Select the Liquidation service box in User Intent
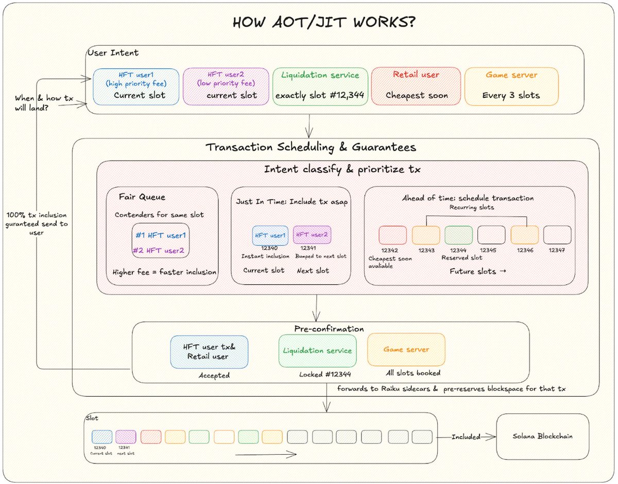[x=320, y=86]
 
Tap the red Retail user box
[x=416, y=86]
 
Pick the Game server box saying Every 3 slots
[x=511, y=86]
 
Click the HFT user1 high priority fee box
[x=136, y=86]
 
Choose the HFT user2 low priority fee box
[x=225, y=86]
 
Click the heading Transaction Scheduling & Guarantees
[x=311, y=148]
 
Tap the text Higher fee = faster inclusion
[x=165, y=272]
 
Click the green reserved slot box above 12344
[x=458, y=235]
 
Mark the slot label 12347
[x=557, y=250]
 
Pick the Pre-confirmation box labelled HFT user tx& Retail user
[x=209, y=351]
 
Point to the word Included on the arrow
[x=466, y=437]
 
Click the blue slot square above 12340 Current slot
[x=101, y=437]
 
